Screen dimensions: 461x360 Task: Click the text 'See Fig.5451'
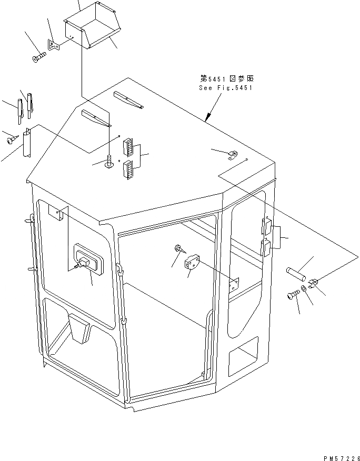226,88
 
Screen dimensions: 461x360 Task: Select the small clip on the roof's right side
232,154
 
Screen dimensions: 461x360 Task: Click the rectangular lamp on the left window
86,258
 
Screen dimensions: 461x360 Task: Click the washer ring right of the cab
305,290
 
